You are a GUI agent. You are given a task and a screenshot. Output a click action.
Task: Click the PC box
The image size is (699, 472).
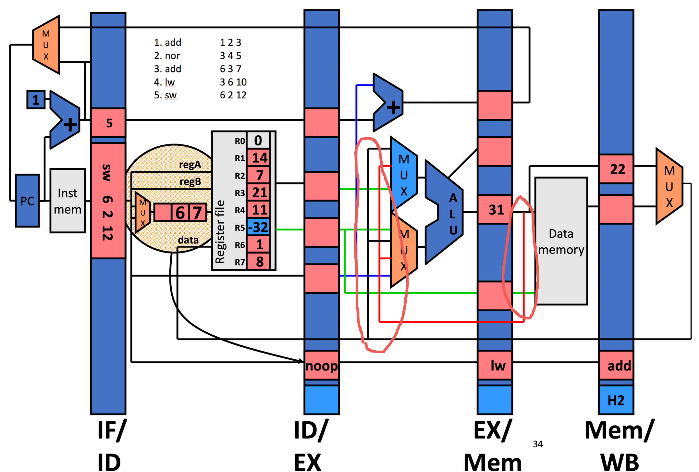[27, 201]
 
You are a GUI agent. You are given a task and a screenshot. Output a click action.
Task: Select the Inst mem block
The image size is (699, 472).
[67, 201]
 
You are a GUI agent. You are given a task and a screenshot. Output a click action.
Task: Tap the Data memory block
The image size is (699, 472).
[561, 241]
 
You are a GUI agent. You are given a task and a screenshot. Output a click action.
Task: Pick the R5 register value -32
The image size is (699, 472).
[258, 227]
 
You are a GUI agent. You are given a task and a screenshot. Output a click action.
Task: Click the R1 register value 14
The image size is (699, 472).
[259, 158]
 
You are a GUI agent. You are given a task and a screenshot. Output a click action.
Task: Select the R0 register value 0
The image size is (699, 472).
[258, 141]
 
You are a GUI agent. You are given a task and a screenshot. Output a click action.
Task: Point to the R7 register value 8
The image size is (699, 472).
[259, 262]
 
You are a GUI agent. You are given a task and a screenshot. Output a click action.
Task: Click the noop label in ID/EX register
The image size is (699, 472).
[321, 366]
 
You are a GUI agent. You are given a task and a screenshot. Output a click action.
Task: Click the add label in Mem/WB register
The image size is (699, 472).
[619, 366]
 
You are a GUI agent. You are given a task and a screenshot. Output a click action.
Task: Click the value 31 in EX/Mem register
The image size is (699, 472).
[496, 210]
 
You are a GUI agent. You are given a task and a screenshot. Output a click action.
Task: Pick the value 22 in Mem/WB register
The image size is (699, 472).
[617, 169]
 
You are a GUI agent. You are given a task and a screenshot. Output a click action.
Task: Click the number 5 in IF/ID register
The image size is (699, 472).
[109, 123]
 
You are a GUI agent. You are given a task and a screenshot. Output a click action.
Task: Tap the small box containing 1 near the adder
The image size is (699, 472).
[36, 100]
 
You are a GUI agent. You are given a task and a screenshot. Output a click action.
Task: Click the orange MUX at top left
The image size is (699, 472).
[46, 45]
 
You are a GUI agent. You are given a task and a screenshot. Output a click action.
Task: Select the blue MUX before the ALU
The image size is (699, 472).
[403, 175]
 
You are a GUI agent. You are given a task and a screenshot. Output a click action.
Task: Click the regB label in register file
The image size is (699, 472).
[190, 182]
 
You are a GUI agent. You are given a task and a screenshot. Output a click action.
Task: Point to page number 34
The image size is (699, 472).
[537, 444]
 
